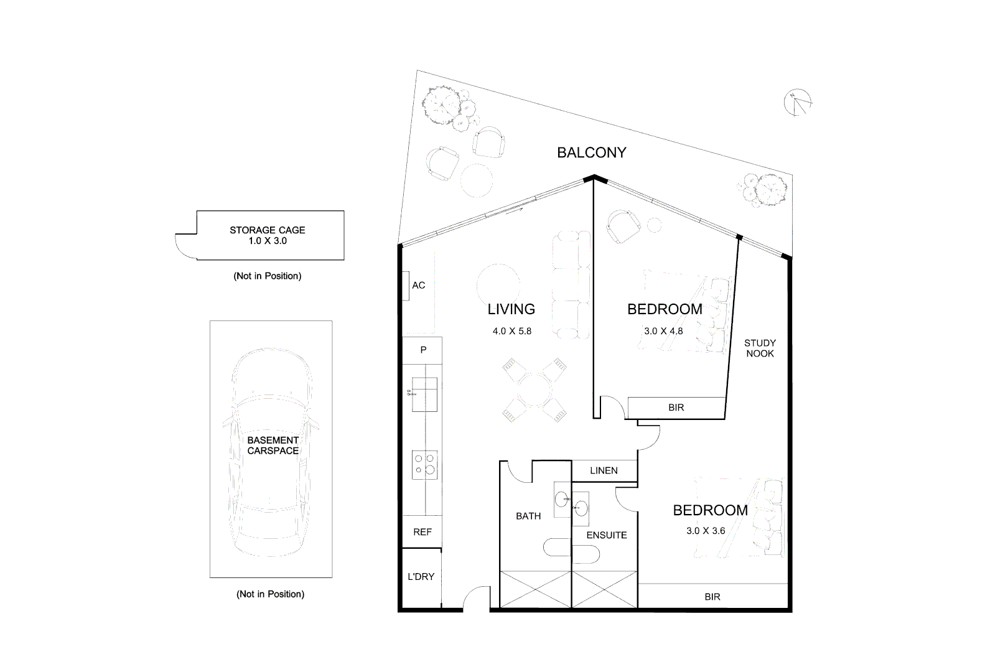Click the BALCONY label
click(x=591, y=152)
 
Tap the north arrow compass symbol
click(x=800, y=103)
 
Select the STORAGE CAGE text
click(x=268, y=230)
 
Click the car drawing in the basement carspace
click(x=271, y=454)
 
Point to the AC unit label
click(x=418, y=286)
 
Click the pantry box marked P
click(x=423, y=350)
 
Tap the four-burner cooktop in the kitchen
click(x=424, y=465)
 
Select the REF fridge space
click(x=422, y=532)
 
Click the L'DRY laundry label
click(x=421, y=577)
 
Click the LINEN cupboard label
click(x=604, y=470)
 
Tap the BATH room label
click(x=528, y=516)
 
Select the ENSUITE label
click(x=607, y=535)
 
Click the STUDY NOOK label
click(x=760, y=348)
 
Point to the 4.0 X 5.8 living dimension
click(x=512, y=331)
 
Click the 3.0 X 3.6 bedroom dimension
click(x=706, y=531)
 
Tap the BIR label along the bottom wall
click(x=712, y=597)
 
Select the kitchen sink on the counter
click(x=424, y=394)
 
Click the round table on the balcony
click(x=477, y=179)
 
